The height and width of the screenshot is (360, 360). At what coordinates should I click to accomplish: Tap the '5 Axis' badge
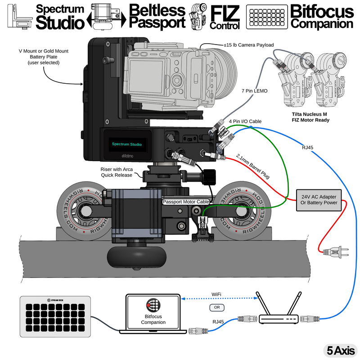[340, 350]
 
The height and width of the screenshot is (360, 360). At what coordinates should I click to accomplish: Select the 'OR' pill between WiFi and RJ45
[217, 308]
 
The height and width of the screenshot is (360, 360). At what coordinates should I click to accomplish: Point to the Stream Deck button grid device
[55, 316]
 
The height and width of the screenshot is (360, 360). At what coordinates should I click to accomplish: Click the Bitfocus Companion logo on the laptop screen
[153, 306]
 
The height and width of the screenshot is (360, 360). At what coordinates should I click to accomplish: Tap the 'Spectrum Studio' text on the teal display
[126, 144]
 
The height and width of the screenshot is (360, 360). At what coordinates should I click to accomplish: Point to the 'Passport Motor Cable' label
[186, 202]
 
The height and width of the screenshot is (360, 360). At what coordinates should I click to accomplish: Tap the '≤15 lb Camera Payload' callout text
[248, 45]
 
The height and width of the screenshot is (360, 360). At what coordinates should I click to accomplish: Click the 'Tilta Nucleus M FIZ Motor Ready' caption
[310, 117]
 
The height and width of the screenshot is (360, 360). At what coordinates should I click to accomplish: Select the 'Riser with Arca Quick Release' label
[116, 171]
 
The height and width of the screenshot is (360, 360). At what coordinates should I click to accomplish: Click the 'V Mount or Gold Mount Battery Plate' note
[43, 57]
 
